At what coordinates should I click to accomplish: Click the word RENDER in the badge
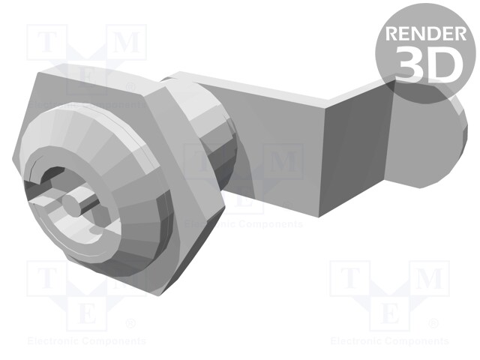pyautogui.click(x=424, y=34)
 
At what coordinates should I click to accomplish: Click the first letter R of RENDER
pyautogui.click(x=392, y=34)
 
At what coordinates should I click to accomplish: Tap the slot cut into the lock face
pyautogui.click(x=45, y=196)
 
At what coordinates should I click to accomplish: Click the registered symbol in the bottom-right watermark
pyautogui.click(x=433, y=324)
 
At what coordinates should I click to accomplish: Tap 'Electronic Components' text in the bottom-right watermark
pyautogui.click(x=389, y=341)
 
